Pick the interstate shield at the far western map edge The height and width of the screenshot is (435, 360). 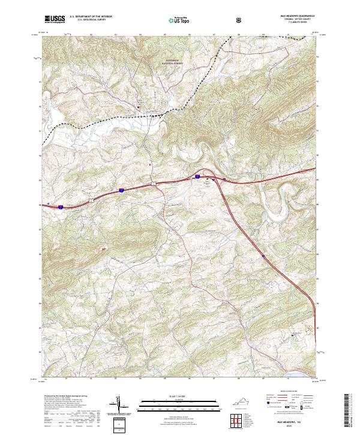pos(61,208)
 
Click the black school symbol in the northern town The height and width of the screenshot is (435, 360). pos(139,107)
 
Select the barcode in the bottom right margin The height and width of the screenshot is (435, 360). pos(350,408)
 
